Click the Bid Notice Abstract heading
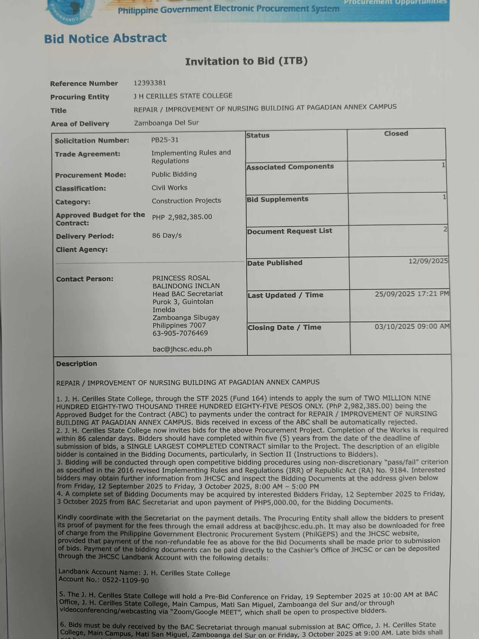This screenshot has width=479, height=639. (x=105, y=39)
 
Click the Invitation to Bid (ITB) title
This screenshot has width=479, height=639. (x=246, y=61)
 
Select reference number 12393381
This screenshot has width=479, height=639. (x=150, y=83)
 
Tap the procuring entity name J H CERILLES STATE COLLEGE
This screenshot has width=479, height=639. (x=183, y=96)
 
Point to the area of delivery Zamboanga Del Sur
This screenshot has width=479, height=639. (x=166, y=123)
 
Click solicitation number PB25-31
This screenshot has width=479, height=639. (x=165, y=140)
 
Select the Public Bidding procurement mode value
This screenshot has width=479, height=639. (x=174, y=174)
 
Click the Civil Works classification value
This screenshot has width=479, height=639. (x=169, y=188)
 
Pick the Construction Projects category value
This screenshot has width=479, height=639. (x=186, y=201)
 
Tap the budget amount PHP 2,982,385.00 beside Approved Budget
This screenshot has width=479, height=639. (x=182, y=217)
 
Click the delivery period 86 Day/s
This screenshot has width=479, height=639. (x=167, y=235)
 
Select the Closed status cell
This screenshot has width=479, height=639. (x=396, y=134)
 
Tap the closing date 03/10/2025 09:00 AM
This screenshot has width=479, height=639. (x=412, y=326)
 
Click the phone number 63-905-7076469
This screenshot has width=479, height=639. (x=180, y=333)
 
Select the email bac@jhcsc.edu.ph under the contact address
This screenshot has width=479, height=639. (x=182, y=349)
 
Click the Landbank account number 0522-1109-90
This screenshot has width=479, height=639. (x=125, y=580)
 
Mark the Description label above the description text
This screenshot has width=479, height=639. (x=77, y=364)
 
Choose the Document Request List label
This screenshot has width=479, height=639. (x=289, y=231)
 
